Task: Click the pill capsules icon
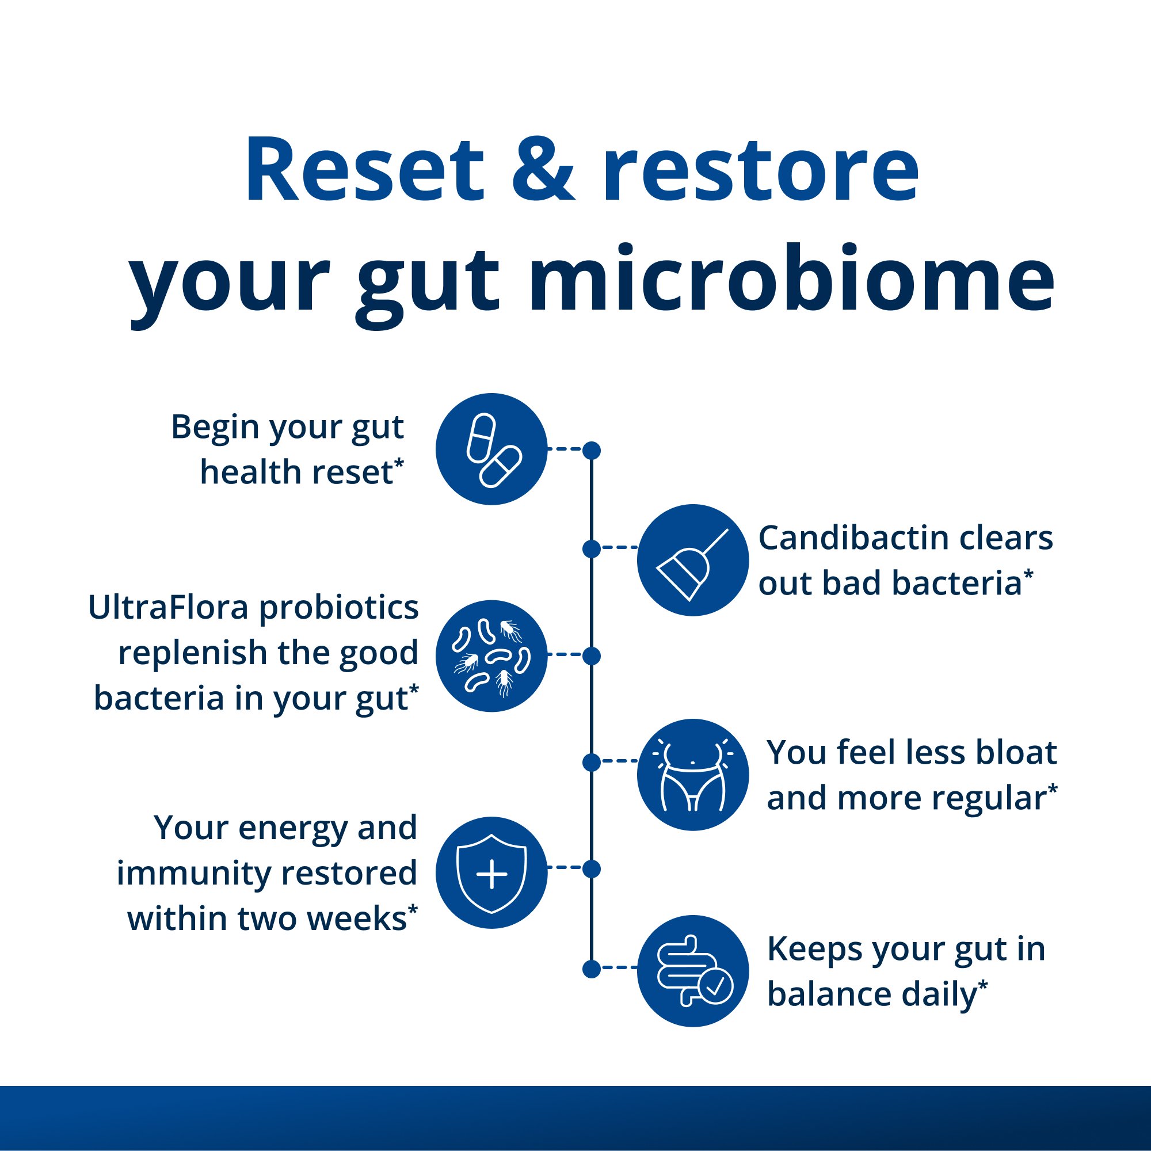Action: click(491, 449)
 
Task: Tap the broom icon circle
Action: click(692, 559)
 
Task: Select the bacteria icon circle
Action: click(491, 655)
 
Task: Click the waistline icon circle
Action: click(692, 775)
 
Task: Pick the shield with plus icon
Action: click(491, 872)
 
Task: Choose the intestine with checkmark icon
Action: click(692, 970)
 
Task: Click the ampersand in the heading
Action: click(543, 170)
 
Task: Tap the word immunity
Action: click(193, 874)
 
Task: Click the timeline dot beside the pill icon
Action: click(592, 451)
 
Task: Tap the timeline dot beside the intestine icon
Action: click(592, 969)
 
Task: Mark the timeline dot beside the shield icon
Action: click(592, 869)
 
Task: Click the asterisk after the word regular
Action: click(1053, 789)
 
